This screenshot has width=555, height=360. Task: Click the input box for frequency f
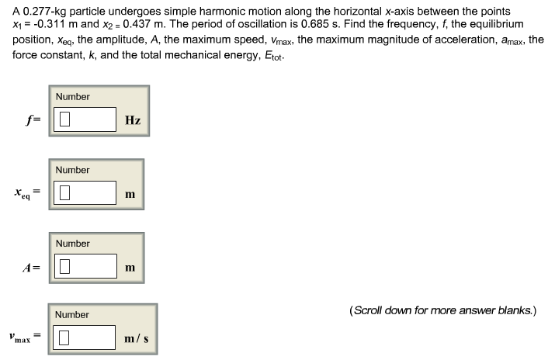85,119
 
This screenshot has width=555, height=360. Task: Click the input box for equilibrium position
85,193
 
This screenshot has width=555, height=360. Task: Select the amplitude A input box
85,267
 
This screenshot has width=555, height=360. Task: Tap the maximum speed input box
85,337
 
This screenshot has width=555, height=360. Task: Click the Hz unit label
132,120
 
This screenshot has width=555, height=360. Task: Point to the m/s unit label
136,338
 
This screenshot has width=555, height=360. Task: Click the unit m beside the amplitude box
130,268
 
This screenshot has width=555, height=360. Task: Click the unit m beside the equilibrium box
130,194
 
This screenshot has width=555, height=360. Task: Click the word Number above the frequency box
72,96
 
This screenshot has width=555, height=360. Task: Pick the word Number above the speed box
72,314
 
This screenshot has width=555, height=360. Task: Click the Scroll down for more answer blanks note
442,311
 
